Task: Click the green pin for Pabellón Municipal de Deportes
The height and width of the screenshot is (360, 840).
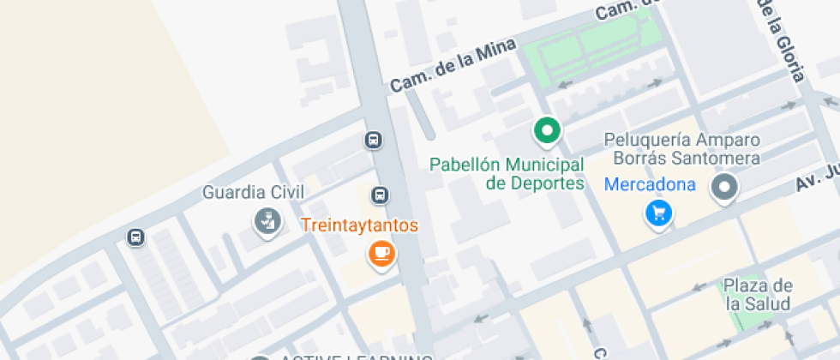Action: coord(547,131)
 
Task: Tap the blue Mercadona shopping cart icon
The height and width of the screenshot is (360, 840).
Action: coord(658,212)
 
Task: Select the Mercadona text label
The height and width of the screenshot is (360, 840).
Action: coord(649,183)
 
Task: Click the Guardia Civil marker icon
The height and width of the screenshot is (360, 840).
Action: coord(267,221)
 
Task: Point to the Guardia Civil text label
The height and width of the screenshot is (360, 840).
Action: coord(253,192)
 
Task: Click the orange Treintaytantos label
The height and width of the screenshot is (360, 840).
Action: coord(359,226)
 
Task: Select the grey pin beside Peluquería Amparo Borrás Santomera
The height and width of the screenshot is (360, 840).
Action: coord(725,188)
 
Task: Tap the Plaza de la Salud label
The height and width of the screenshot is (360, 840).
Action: coord(758,294)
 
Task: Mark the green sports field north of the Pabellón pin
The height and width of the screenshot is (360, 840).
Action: coord(591,48)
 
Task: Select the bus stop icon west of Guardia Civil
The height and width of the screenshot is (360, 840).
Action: coord(135,237)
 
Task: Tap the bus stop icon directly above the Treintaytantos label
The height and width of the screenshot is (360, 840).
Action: coord(379,195)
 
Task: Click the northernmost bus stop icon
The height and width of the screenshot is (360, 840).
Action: coord(373,140)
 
